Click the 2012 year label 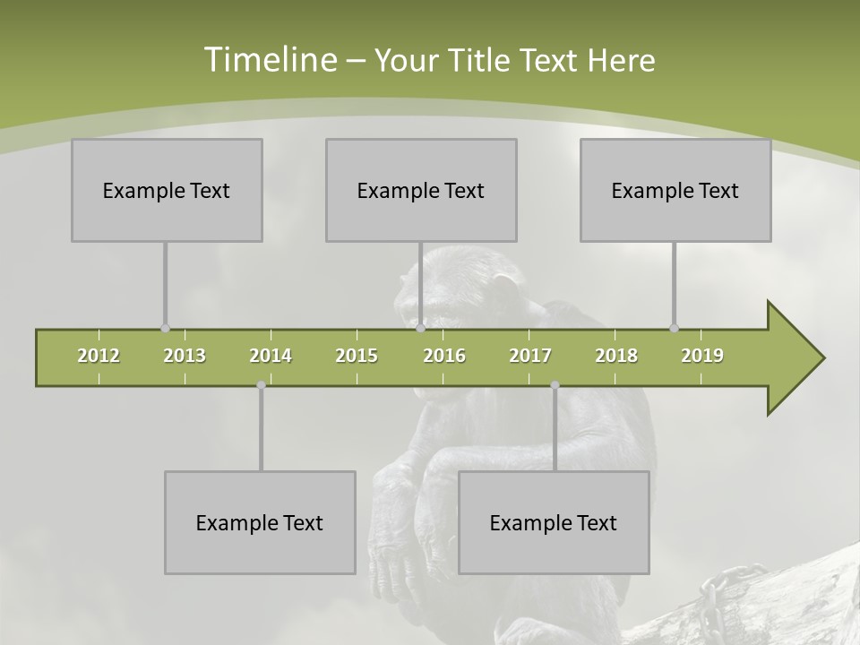tap(99, 357)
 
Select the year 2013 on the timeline tap(185, 357)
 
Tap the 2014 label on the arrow tap(271, 357)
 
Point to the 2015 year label tap(357, 357)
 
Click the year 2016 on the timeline tap(444, 357)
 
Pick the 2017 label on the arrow tap(530, 357)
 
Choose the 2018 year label tap(616, 357)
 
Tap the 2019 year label tap(702, 357)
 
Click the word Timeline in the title tap(270, 60)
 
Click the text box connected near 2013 tap(167, 190)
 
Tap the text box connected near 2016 tap(421, 190)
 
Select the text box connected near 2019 tap(675, 190)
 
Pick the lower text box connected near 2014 tap(260, 522)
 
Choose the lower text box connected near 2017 tap(554, 522)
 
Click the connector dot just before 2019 tap(674, 328)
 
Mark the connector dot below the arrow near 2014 tap(261, 385)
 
